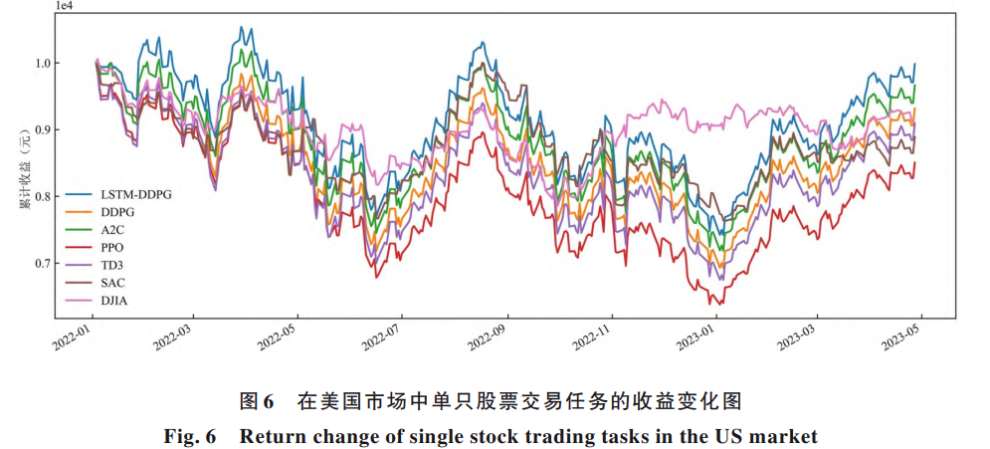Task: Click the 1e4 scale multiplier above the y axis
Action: click(x=63, y=7)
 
